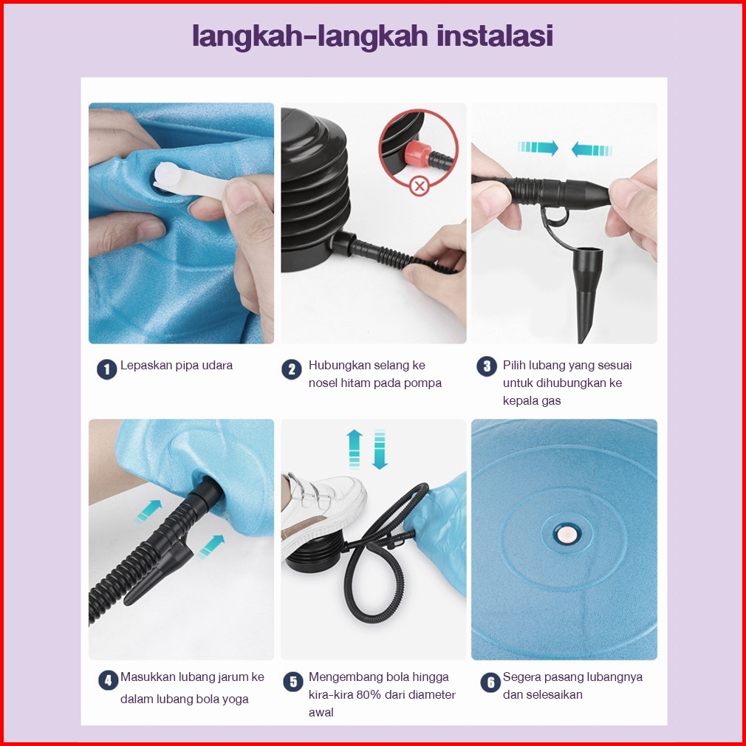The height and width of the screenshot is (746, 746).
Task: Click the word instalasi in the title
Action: (495, 35)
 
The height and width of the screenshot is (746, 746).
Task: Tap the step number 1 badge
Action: (107, 369)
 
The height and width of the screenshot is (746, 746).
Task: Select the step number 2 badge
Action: (292, 369)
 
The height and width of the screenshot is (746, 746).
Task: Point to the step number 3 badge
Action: (487, 366)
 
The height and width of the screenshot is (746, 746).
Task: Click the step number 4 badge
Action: (108, 680)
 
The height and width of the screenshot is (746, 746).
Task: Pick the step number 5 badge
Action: (293, 682)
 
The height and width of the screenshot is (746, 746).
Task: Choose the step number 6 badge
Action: (490, 682)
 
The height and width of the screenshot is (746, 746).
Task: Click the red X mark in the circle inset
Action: (420, 186)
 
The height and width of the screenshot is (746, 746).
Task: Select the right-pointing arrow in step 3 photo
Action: (538, 148)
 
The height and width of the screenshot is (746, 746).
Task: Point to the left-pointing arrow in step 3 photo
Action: (592, 149)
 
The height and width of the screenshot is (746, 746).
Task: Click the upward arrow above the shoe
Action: (355, 449)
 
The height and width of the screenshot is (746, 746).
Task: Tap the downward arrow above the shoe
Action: (380, 449)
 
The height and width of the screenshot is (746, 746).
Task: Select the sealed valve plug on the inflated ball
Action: (567, 534)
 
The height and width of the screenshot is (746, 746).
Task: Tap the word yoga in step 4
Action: (236, 699)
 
